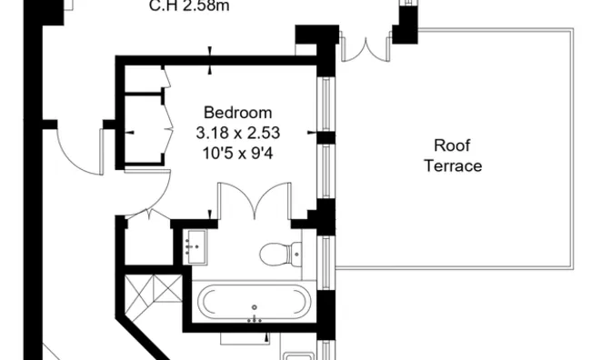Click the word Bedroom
click(237, 113)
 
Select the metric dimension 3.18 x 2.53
click(237, 133)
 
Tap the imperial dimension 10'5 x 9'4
click(237, 152)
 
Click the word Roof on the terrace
click(452, 146)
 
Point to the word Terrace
click(452, 166)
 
